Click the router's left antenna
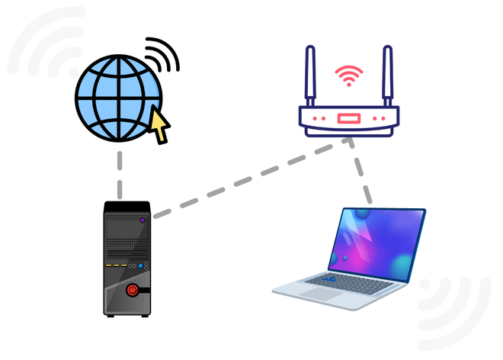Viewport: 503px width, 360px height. [311, 76]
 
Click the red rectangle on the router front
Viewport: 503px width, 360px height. [349, 120]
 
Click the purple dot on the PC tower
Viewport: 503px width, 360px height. [142, 220]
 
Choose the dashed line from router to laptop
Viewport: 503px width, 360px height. [361, 175]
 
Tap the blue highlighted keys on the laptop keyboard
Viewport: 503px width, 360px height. [330, 281]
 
